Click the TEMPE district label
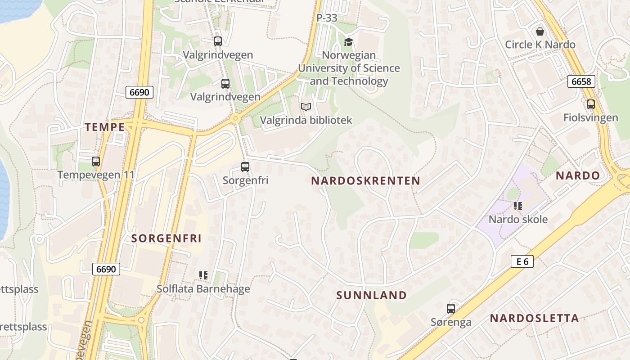click(105, 127)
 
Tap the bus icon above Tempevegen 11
click(95, 162)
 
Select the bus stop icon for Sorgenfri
click(245, 167)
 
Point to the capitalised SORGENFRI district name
click(166, 238)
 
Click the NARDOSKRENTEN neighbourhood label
click(365, 181)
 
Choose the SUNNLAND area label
click(372, 295)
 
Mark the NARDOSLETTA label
click(534, 319)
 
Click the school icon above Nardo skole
click(518, 206)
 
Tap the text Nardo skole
click(518, 220)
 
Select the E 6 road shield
click(522, 261)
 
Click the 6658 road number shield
click(581, 81)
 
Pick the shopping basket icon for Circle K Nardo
click(540, 31)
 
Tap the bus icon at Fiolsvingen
click(590, 104)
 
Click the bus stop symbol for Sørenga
click(451, 309)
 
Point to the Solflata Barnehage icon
click(203, 275)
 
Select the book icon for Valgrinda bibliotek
click(306, 107)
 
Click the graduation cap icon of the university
click(348, 42)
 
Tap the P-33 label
click(327, 18)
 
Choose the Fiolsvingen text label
click(590, 118)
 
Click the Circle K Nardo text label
click(540, 45)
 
